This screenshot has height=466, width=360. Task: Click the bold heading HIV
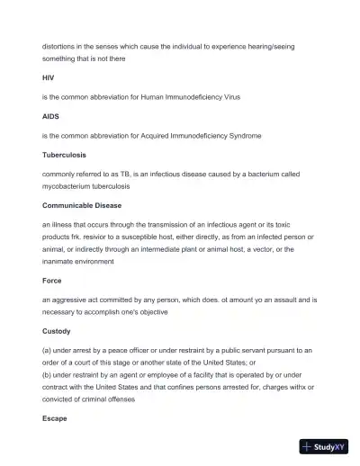point(49,78)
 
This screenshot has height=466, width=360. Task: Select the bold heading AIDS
point(50,117)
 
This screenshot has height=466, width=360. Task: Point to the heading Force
point(51,281)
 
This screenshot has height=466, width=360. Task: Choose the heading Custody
point(56,330)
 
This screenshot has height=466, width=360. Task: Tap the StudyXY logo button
point(323,446)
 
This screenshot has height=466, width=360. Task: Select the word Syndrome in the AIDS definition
point(245,136)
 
